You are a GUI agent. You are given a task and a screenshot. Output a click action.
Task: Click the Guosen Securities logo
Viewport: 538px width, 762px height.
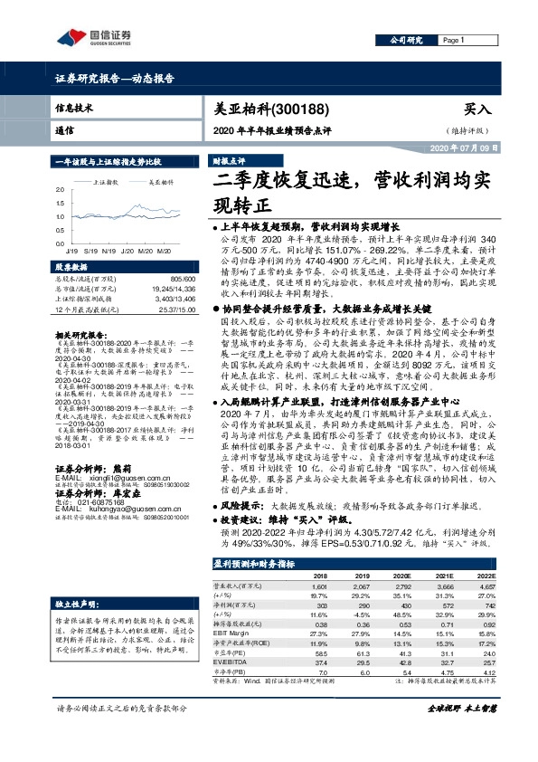(90, 37)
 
